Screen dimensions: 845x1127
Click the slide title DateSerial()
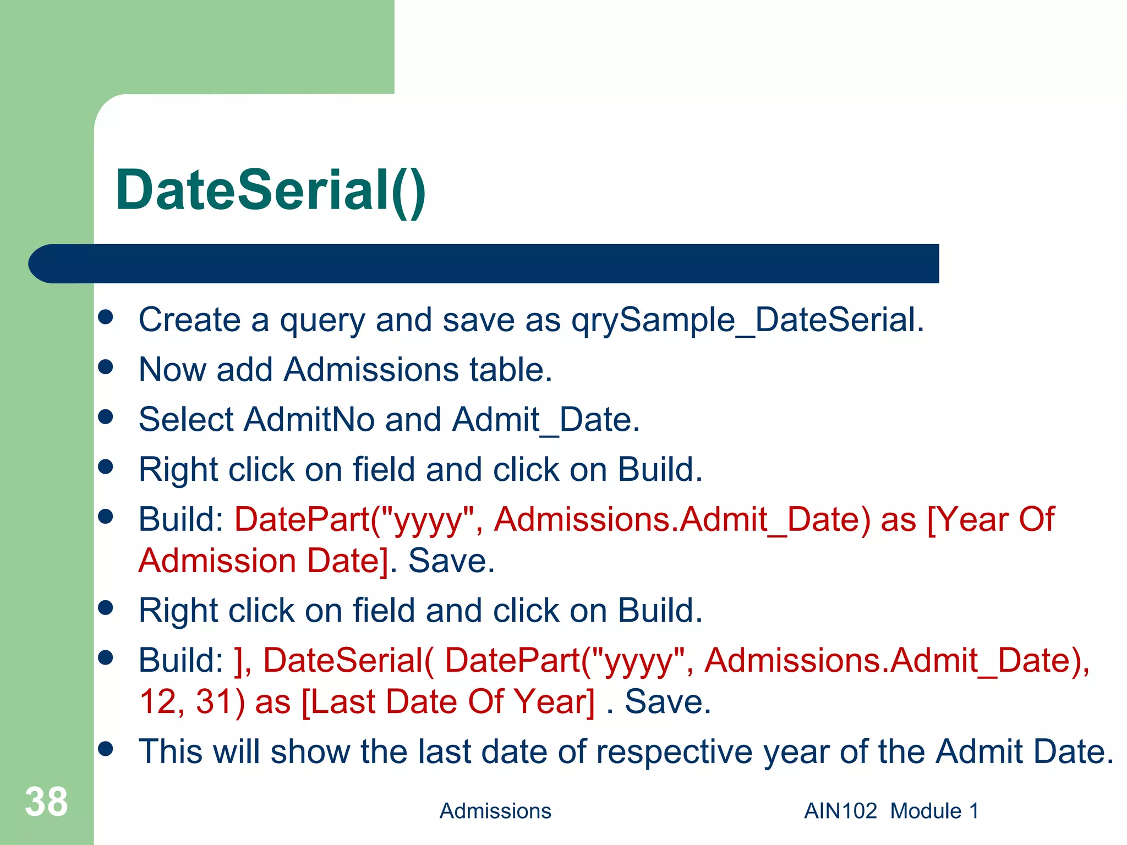271,191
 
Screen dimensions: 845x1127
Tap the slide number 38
46,802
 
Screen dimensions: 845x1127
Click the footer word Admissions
495,811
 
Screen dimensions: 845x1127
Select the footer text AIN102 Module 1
891,811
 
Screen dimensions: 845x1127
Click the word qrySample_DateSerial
747,320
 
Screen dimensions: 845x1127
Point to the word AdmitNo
309,420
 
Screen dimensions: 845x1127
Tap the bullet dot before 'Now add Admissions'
106,366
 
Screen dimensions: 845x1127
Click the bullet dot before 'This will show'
106,748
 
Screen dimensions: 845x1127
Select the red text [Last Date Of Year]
448,702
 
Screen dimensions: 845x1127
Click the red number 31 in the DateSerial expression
214,702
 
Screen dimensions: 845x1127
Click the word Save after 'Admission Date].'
451,561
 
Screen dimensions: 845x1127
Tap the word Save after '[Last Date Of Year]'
668,702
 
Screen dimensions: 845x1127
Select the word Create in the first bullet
189,320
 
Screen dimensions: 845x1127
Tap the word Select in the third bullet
186,420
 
